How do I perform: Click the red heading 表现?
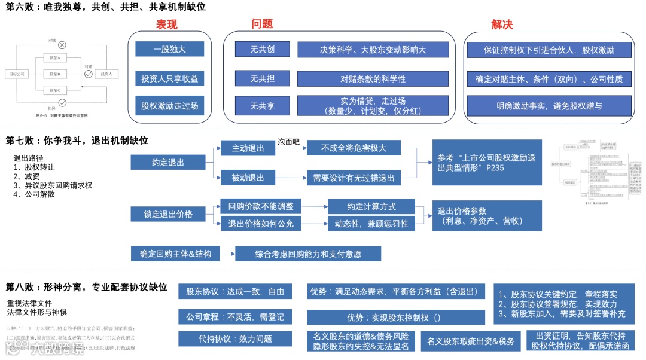166,25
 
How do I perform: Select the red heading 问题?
262,23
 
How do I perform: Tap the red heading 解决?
502,25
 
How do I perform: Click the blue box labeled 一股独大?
169,49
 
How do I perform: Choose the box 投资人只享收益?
169,78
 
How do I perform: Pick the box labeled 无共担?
262,78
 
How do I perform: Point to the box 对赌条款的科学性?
373,78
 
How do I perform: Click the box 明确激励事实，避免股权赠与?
549,106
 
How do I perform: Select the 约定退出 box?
167,162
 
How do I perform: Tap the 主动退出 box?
248,148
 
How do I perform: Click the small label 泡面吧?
288,142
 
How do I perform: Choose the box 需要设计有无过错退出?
354,177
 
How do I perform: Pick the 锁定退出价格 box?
167,213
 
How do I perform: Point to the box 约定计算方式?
371,206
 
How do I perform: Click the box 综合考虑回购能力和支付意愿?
307,254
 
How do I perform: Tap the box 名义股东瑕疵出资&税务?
470,341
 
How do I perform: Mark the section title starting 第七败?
77,141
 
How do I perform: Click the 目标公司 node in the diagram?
17,74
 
